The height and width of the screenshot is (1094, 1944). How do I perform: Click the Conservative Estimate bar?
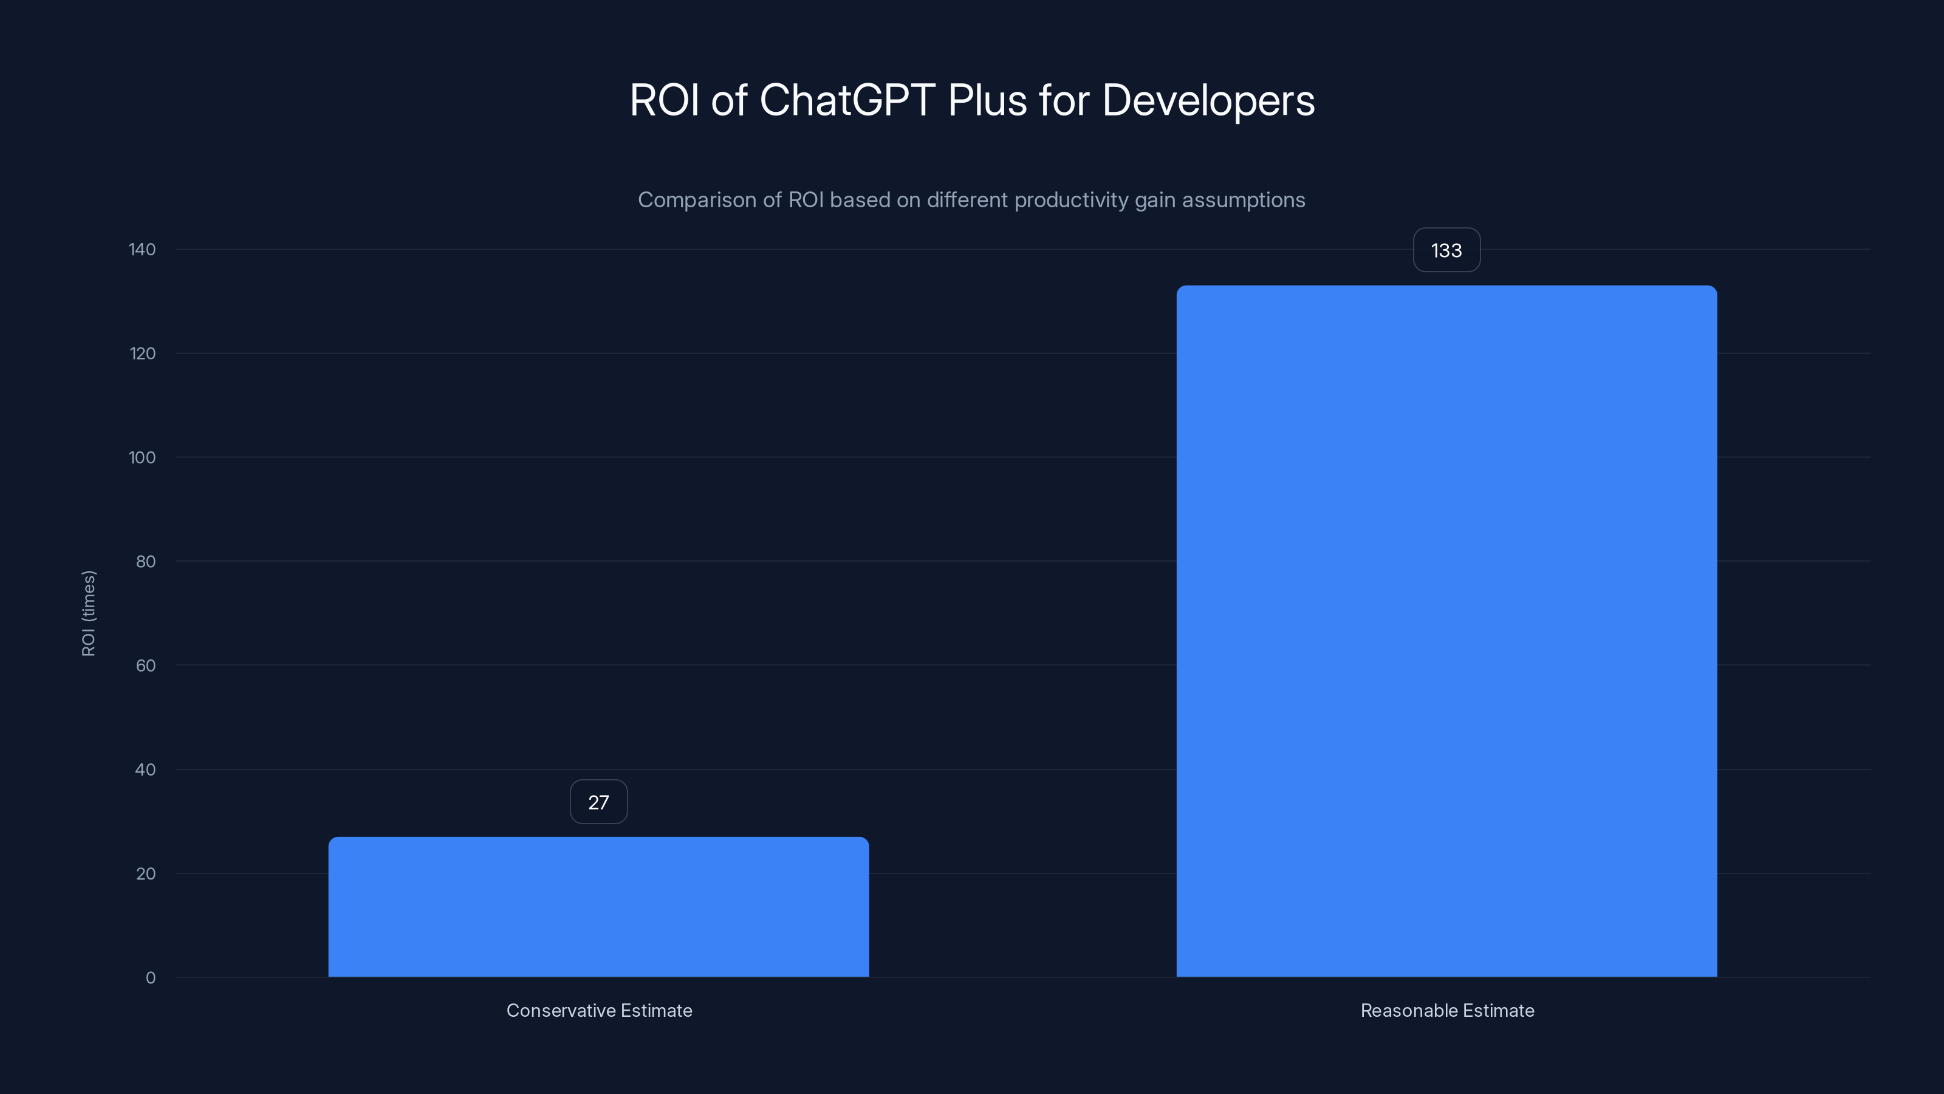pos(598,906)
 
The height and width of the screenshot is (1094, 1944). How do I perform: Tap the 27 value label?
pos(598,802)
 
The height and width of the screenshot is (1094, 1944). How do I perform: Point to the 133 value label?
pos(1446,250)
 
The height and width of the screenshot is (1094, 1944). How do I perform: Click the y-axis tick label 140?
pos(142,249)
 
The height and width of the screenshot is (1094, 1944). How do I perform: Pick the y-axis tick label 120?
pos(142,353)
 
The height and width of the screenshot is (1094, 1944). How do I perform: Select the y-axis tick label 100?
pos(142,458)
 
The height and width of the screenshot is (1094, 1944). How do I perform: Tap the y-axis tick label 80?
pos(146,561)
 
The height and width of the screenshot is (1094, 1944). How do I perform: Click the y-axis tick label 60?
pos(146,665)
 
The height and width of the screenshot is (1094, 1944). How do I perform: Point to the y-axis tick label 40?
pos(146,769)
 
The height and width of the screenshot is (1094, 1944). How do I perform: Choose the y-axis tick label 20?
pos(146,873)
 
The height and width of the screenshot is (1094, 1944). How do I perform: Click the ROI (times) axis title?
pos(88,613)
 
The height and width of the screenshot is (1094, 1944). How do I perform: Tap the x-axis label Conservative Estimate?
pos(599,1010)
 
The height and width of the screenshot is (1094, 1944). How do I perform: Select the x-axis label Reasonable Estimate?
pos(1446,1010)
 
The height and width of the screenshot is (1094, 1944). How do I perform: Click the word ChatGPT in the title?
pos(847,100)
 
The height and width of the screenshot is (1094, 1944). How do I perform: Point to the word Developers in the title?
pos(1208,100)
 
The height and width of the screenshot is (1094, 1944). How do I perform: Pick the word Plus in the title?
pos(987,100)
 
